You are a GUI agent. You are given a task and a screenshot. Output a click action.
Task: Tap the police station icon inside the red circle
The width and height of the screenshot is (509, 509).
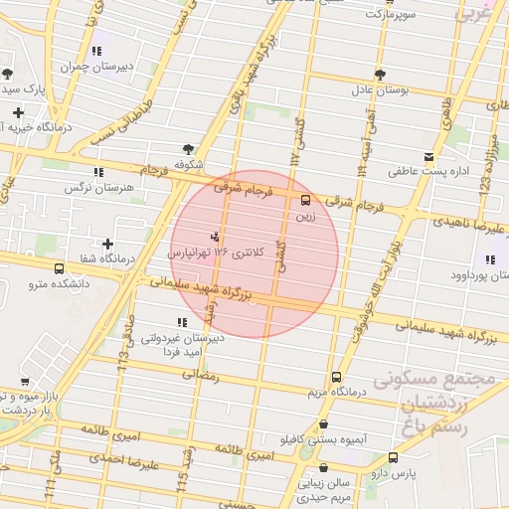coord(215,237)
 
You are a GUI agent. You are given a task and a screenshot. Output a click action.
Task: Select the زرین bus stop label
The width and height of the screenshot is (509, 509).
coord(303,214)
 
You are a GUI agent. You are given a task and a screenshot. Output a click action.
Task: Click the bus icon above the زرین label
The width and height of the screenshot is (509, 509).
coord(304,198)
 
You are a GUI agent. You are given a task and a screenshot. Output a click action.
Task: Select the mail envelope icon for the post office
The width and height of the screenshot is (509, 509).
coord(428,157)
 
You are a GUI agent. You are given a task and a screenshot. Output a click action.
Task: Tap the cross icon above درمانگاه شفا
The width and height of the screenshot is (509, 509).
coord(107,243)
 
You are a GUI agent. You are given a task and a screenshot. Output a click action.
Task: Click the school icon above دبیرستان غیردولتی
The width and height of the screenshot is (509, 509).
coord(181,322)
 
